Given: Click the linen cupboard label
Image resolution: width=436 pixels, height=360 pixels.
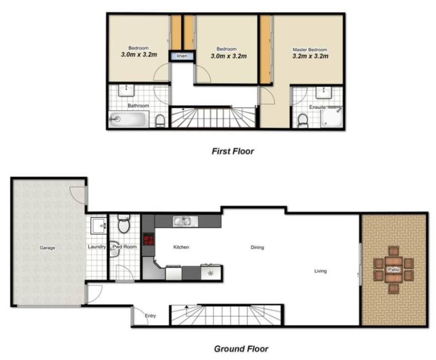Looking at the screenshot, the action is point(182,56).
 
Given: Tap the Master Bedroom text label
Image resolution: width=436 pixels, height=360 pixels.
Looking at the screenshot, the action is point(310,50).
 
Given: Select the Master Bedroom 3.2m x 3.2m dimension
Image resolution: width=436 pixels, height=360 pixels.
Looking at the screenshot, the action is point(310,56).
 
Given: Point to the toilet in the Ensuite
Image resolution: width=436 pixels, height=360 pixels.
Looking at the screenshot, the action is point(302,121).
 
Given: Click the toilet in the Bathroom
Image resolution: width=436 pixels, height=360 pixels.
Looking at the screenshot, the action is point(160,121).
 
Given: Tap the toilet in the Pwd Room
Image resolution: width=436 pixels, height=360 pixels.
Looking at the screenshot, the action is point(124,224).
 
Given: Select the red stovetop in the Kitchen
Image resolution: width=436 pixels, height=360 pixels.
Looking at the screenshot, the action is point(149,240).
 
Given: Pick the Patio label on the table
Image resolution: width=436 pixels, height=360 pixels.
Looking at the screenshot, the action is point(393,269).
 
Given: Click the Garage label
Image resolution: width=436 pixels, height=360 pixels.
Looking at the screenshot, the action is point(47,248).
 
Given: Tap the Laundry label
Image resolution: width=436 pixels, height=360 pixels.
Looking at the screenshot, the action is point(97,247).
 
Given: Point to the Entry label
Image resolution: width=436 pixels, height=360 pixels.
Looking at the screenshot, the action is point(150,316).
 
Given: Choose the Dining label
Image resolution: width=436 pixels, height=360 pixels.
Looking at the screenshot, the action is point(257,247).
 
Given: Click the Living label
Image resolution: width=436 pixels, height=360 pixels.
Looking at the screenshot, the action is point(320,271).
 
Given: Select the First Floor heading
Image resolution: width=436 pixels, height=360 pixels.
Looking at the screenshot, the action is point(233,151).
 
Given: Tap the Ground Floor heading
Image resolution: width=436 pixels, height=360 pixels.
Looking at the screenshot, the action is point(241,349).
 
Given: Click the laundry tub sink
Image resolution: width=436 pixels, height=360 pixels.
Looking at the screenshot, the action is point(98,226).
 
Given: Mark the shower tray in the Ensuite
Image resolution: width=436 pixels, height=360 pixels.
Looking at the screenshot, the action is point(332,117).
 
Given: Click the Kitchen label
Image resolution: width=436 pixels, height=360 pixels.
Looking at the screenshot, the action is point(181,247).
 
